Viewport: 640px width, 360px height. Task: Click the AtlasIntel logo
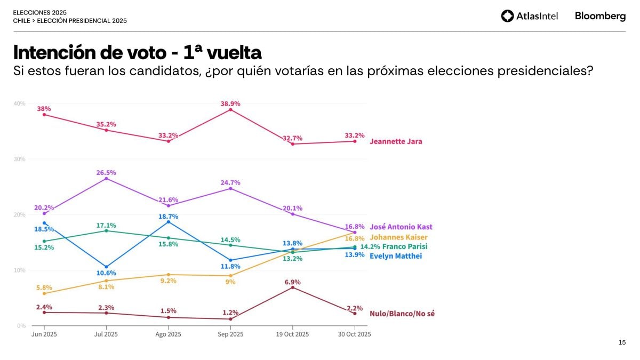coord(530,16)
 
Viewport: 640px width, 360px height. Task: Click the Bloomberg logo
coord(600,16)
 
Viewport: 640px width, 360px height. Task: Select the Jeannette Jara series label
coord(396,142)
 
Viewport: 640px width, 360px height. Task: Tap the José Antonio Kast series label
coord(401,227)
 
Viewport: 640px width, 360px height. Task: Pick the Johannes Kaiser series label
coord(398,237)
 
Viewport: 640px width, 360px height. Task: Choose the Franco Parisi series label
coord(405,247)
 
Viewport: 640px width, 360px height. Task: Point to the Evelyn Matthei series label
coord(396,256)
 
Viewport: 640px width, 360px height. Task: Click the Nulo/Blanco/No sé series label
coord(402,314)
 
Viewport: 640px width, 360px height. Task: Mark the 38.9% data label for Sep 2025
coord(230,103)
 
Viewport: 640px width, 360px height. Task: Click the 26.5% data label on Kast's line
coord(106,173)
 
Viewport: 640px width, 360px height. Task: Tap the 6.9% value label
coord(293,282)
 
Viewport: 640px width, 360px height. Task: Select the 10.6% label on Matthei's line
coord(106,273)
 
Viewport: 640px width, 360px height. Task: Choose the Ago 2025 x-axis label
coord(168,334)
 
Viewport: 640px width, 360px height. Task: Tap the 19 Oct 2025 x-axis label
coord(293,334)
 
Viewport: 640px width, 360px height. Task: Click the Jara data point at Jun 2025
coord(44,115)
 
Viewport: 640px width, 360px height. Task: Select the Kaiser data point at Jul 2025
coord(106,281)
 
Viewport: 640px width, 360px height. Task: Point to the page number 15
coord(622,342)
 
